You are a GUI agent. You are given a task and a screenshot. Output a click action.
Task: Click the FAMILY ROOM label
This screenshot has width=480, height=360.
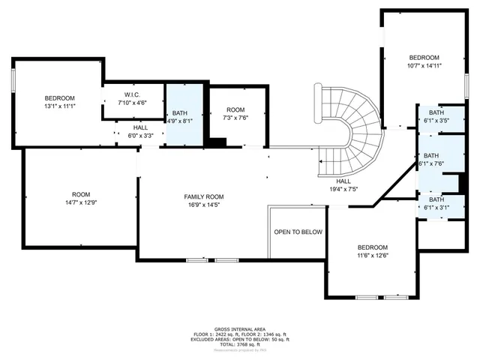click(x=204, y=196)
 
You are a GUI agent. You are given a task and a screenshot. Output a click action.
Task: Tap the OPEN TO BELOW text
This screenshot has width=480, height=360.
click(x=297, y=232)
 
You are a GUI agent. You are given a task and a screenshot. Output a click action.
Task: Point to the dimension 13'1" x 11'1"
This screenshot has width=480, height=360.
click(x=59, y=106)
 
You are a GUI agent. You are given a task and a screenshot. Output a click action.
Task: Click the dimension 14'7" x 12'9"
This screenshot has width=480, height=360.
click(x=80, y=202)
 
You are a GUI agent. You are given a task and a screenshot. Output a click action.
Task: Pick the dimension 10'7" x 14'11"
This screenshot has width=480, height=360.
click(x=424, y=65)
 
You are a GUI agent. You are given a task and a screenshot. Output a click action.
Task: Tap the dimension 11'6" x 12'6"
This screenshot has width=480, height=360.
click(x=372, y=256)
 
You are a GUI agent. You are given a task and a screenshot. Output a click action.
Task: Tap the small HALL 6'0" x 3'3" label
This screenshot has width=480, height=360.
click(x=140, y=132)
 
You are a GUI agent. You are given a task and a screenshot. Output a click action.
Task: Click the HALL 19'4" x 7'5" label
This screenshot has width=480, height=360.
click(x=343, y=185)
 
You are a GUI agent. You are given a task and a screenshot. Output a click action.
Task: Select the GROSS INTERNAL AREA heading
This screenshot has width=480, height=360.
click(x=240, y=328)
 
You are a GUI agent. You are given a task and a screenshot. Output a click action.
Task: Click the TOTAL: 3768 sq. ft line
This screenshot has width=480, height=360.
click(x=240, y=344)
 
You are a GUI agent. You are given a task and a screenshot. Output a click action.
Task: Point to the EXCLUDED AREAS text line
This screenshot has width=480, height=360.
click(x=240, y=339)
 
